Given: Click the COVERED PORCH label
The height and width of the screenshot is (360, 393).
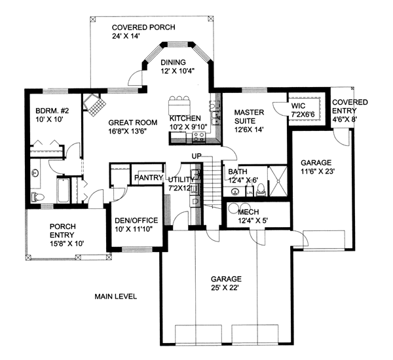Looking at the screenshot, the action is coord(143,27).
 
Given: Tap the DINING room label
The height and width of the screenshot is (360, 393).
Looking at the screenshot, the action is coord(173,62).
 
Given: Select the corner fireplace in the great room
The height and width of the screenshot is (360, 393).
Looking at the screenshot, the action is coord(94,105).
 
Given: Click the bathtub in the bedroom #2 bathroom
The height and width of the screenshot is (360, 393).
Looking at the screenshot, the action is coord(63,190).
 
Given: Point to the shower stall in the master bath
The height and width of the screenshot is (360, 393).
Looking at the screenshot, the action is coord(278,181).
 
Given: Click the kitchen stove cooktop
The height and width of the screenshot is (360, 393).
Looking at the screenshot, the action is coord(199,137).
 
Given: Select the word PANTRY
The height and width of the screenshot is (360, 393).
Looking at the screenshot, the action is coord(149,177).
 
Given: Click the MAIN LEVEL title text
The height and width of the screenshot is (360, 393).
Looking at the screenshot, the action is coord(115,297).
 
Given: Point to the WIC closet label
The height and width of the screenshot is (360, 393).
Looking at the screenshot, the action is coord(298,106).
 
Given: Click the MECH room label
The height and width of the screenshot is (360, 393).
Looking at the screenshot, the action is coord(248,212).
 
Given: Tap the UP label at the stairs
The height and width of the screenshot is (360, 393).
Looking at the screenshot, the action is coord(196,156).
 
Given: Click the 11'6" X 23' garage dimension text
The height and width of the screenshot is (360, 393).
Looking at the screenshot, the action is coord(318,171).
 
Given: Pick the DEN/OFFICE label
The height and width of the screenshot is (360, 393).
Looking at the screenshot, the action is coord(136,220).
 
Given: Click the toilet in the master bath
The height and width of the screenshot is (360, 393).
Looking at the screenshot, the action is coord(261,190).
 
